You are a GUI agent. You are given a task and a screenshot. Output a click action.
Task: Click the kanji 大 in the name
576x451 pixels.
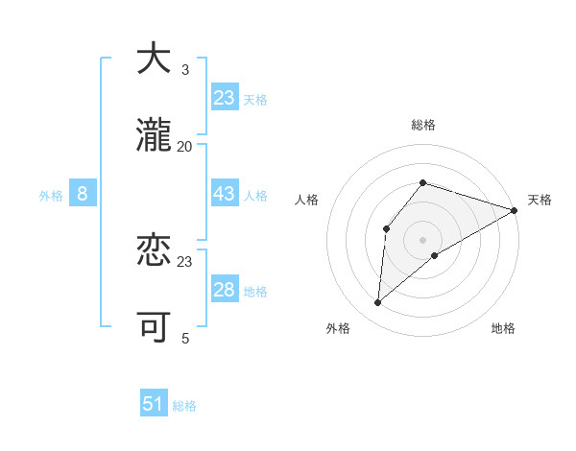[154, 59]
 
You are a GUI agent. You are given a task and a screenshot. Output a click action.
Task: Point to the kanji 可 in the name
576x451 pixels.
[154, 328]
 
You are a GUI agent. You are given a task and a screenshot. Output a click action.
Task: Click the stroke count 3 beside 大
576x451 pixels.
[185, 69]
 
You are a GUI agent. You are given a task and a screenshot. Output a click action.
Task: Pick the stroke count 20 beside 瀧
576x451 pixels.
[185, 146]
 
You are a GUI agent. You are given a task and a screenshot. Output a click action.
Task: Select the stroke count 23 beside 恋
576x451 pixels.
[185, 261]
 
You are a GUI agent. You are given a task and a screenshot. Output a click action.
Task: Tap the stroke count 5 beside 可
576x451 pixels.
[185, 338]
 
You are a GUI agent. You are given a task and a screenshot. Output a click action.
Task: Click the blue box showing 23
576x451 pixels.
[225, 98]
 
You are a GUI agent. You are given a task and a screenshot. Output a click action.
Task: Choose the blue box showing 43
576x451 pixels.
[225, 194]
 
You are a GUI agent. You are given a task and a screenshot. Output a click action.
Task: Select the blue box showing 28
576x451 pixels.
[225, 290]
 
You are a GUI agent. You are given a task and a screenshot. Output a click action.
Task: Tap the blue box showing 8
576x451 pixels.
[83, 194]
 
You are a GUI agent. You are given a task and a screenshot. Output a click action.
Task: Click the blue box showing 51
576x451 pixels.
[154, 404]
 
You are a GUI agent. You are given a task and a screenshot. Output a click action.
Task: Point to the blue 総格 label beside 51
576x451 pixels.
[184, 406]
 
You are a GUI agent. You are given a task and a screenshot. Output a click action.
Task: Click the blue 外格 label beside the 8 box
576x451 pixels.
[51, 196]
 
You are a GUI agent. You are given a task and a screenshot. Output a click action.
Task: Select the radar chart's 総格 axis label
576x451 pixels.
[423, 125]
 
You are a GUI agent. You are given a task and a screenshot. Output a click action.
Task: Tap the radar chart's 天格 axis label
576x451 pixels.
[540, 200]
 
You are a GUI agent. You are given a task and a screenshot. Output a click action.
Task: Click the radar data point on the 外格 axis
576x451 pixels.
[378, 303]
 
